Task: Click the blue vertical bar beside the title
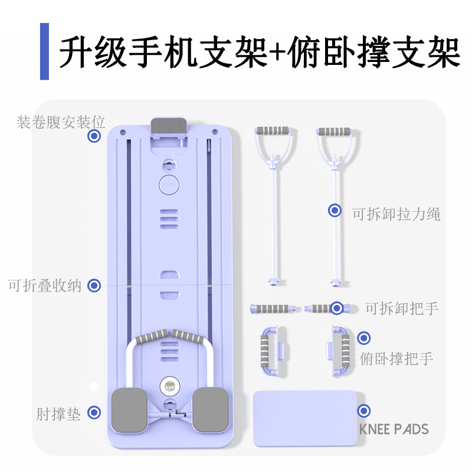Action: coord(44,51)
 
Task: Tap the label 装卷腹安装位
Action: coord(61,122)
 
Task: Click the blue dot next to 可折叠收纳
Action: coord(94,286)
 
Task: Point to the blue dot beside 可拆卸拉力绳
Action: coord(335,210)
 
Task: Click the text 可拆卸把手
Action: coord(402,308)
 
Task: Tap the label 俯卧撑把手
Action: coord(396,359)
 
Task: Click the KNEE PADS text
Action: coord(394,429)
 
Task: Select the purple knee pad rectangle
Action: coord(304,418)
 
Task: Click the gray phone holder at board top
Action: coord(169,126)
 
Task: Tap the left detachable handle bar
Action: coord(273,308)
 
